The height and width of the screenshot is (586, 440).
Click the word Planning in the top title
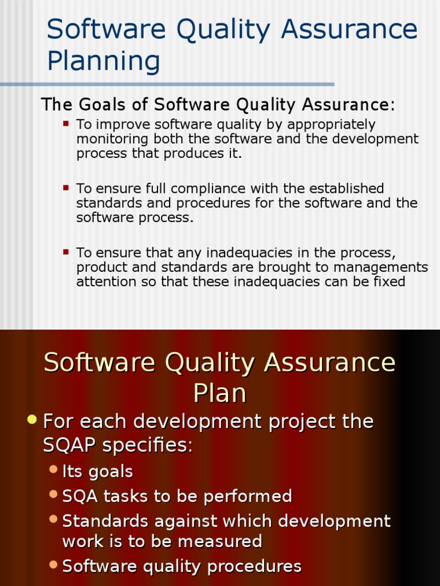pos(104,61)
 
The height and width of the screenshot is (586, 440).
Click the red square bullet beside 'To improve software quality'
pos(66,123)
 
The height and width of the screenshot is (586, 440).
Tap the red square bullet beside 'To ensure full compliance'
pos(66,187)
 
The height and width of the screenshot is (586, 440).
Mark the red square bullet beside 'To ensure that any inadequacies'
pos(66,251)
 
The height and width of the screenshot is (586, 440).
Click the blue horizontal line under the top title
pos(166,84)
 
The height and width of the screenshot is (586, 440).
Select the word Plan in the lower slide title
pos(220,393)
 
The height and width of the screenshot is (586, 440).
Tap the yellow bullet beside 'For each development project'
pos(32,421)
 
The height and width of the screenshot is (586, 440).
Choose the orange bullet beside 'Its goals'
pos(54,470)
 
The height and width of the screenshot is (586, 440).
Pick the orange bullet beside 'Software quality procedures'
pos(54,565)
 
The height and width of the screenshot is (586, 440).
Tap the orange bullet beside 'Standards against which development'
pos(54,520)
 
